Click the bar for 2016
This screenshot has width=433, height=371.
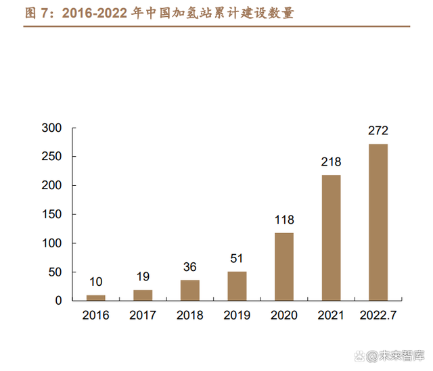96,297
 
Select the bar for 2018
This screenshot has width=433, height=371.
190,290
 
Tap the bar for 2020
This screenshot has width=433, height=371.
284,266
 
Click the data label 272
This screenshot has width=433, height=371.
378,131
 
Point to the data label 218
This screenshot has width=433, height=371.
331,162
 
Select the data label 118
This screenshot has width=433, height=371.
284,220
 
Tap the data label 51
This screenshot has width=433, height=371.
237,259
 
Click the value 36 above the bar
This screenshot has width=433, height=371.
190,268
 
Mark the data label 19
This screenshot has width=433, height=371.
143,277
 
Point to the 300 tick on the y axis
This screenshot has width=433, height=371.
51,128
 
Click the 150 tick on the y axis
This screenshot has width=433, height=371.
51,214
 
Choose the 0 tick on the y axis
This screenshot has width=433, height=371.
59,301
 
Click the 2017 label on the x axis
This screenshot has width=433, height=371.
143,315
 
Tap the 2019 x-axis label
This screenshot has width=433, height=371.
237,315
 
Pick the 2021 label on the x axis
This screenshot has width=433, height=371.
331,315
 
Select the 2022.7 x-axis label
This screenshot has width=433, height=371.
378,315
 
